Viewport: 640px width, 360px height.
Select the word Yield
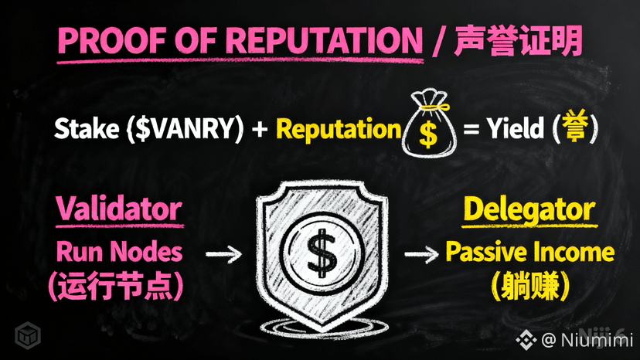pyautogui.click(x=516, y=129)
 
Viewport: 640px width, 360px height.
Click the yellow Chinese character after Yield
pyautogui.click(x=573, y=129)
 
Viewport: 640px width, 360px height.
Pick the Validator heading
pyautogui.click(x=118, y=209)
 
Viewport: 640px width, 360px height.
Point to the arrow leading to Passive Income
pyautogui.click(x=420, y=252)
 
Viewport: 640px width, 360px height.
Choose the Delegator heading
pyautogui.click(x=529, y=209)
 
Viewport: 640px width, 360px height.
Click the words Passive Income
pyautogui.click(x=529, y=252)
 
